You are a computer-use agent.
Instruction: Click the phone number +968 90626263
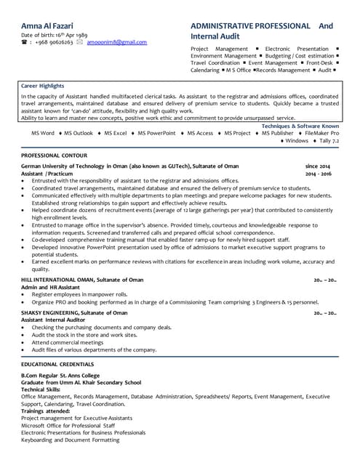52,43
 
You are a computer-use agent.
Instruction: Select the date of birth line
55,35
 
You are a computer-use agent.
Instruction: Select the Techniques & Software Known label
300,126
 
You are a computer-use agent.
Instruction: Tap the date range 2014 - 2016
318,174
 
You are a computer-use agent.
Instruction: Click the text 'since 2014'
317,166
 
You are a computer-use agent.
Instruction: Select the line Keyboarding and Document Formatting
70,440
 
